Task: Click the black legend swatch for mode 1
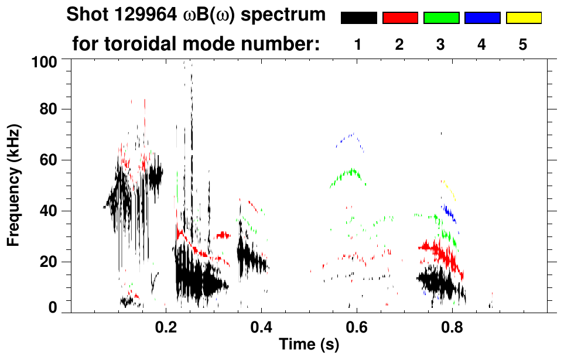358,18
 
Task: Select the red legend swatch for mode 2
400,18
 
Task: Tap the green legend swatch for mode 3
441,18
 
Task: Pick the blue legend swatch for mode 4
482,18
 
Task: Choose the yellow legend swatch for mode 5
523,18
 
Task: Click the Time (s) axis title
309,345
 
